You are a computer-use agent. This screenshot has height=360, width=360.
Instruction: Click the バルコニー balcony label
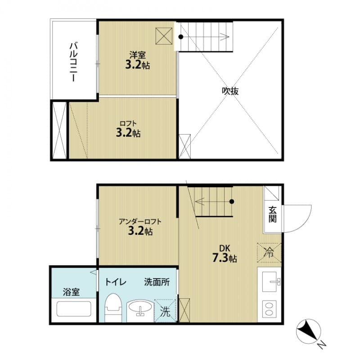point(72,62)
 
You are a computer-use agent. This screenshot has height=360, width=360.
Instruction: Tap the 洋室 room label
point(137,55)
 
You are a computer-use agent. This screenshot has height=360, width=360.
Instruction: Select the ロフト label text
point(128,123)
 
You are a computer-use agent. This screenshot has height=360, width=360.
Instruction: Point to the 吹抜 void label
point(230,91)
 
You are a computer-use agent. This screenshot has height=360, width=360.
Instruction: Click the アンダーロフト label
point(140,221)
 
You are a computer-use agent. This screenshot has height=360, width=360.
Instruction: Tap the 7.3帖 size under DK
point(225,258)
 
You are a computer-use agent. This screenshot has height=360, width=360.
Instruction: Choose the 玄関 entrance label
point(273,214)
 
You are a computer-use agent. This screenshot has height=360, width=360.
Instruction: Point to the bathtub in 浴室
point(74,310)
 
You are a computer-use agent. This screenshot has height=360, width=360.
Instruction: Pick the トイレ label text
point(116,283)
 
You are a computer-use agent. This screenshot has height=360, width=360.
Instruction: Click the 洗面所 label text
point(157,283)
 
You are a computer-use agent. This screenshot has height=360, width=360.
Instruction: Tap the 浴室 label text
point(71,292)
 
